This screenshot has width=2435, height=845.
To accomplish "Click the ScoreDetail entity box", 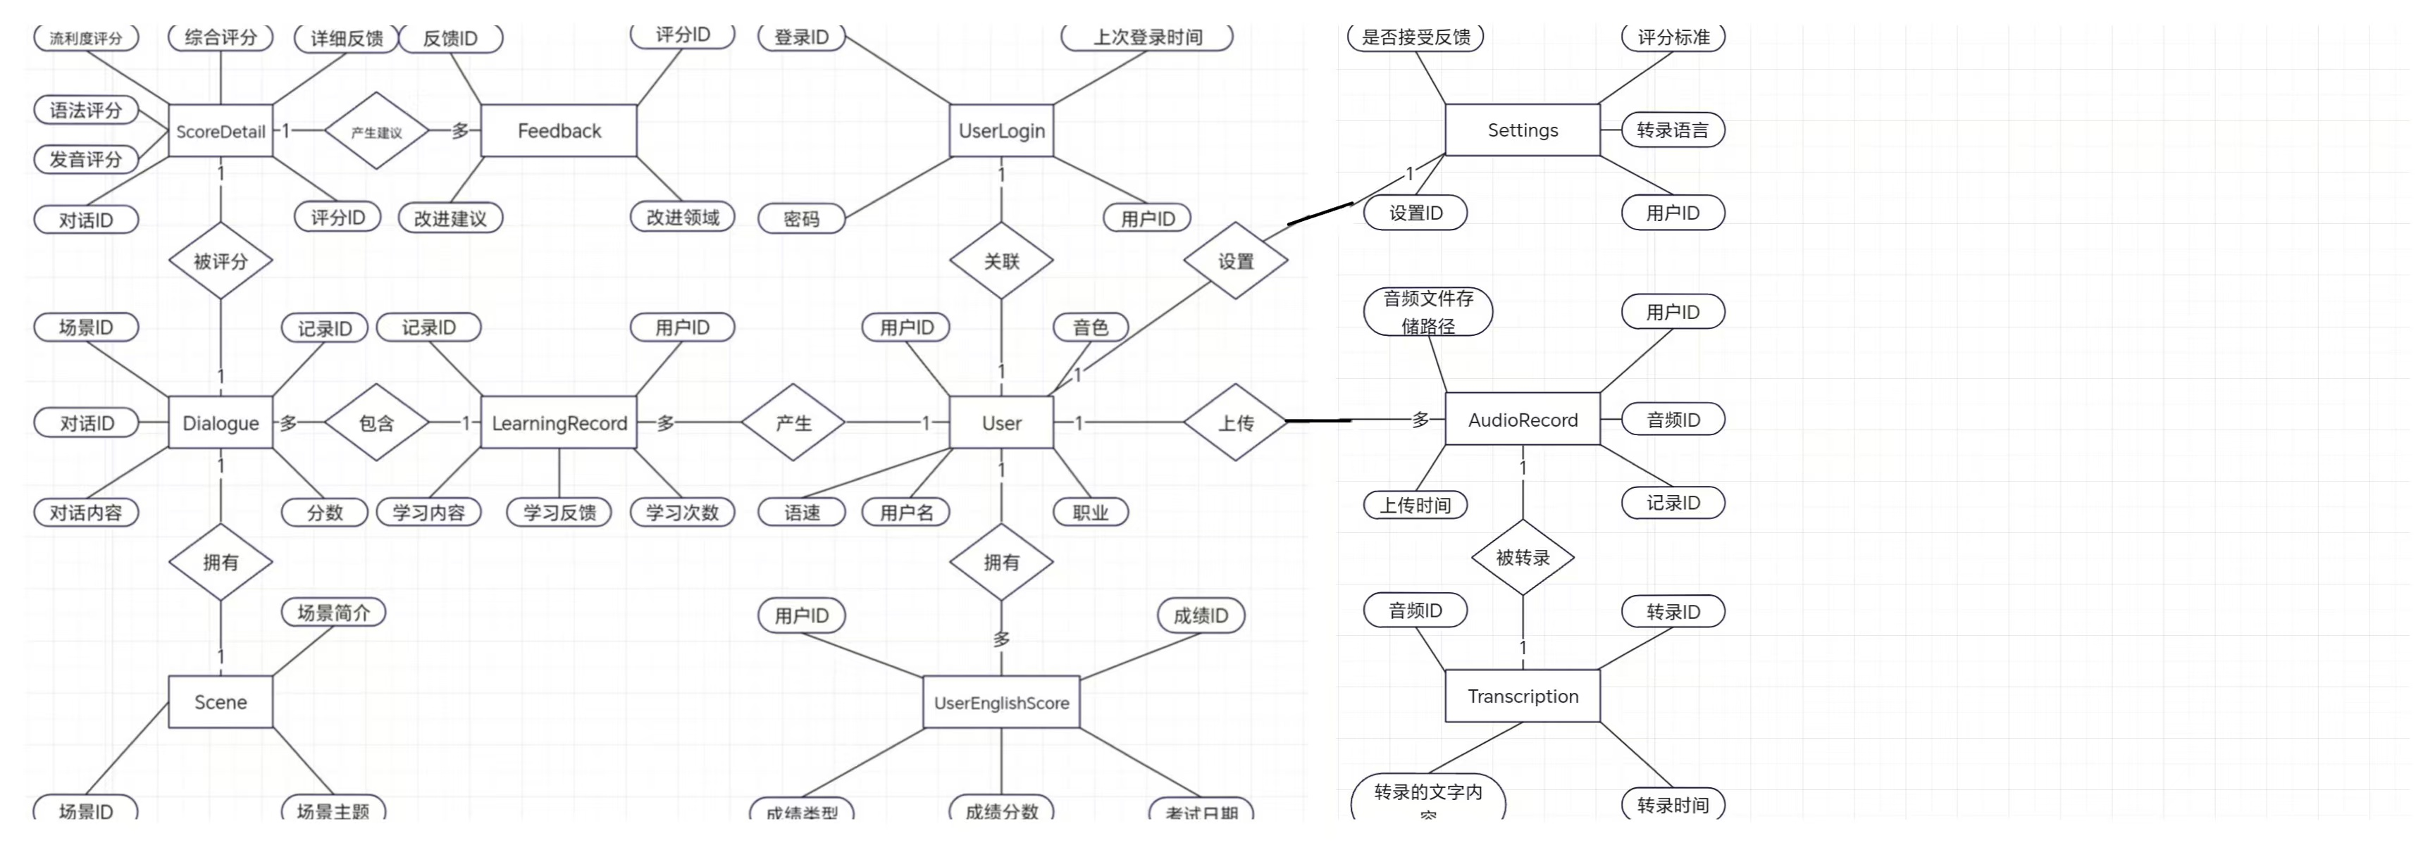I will (221, 132).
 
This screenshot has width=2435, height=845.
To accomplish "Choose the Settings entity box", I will (1522, 130).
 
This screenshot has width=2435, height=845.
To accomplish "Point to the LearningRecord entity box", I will (559, 423).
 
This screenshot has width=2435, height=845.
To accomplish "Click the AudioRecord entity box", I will (1522, 420).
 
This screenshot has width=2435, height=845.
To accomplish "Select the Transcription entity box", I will (1522, 696).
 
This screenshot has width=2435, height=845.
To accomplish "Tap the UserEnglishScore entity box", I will (1001, 702).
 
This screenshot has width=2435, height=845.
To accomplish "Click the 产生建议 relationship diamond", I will (376, 132).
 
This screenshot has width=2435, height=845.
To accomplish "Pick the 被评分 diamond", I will (221, 261).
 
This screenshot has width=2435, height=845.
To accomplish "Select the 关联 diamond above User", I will (1001, 261).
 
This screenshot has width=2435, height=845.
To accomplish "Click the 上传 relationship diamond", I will (1235, 423).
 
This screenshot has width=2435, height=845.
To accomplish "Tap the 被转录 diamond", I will (1522, 558).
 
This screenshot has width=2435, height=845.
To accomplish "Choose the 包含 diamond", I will (376, 423).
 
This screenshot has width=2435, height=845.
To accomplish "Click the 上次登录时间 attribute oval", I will (1146, 37).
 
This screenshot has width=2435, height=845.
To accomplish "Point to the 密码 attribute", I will (802, 218).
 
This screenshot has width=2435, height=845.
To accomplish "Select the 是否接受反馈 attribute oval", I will (1415, 37).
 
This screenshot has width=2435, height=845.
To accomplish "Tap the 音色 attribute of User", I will (1090, 327).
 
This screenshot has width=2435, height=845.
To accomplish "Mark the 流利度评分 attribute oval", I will (86, 38).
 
